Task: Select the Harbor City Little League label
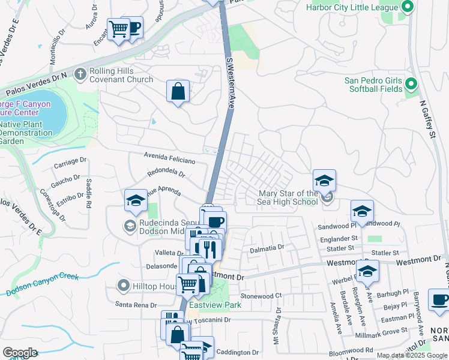(x=352, y=7)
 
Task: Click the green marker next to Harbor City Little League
(x=408, y=7)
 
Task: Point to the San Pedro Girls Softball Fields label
(x=373, y=85)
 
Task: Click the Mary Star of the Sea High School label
(x=288, y=197)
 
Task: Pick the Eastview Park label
(x=215, y=305)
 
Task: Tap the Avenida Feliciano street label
(x=169, y=158)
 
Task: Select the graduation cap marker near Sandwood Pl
(x=362, y=211)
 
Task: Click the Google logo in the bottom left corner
(x=20, y=353)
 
